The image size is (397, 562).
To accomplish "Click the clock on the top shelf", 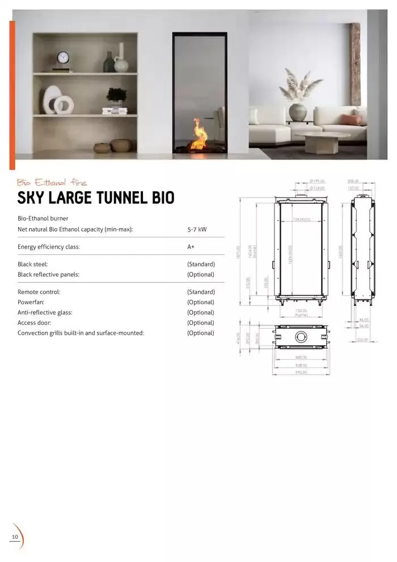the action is (x=63, y=58).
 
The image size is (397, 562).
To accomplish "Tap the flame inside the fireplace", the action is (x=200, y=135).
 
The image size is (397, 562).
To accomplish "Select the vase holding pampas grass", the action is (x=297, y=112).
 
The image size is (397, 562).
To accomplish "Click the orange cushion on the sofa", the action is (x=352, y=119).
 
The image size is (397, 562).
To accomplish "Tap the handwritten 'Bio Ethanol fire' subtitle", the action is (x=52, y=182).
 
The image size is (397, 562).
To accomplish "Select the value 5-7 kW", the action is (x=197, y=229).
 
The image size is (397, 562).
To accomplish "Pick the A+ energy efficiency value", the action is (x=191, y=247).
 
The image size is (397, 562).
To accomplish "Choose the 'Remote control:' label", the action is (x=39, y=292).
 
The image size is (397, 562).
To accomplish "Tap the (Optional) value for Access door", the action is (x=201, y=322).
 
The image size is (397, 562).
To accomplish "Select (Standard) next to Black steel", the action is (x=201, y=264).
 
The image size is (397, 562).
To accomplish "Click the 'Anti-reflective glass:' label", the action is (x=45, y=312).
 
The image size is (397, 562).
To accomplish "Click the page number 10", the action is (x=15, y=537).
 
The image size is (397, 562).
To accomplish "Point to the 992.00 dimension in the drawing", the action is (x=301, y=373).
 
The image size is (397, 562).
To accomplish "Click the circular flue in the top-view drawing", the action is (x=301, y=337).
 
